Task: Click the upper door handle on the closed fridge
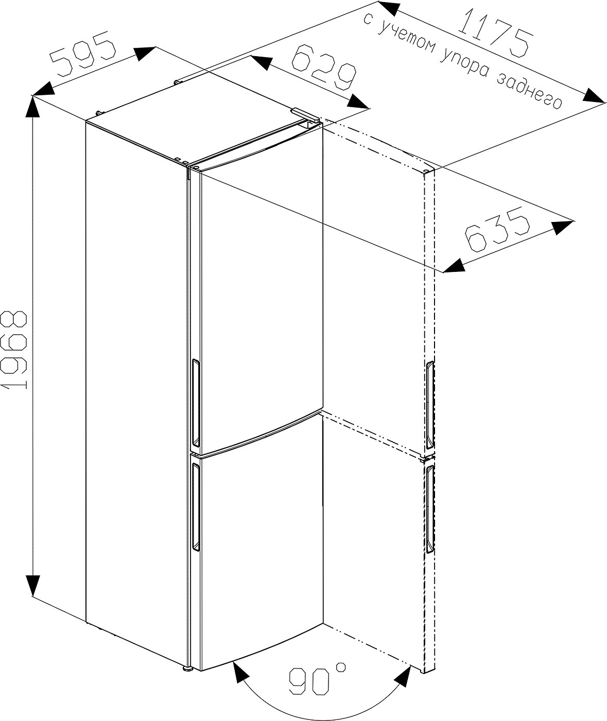196,402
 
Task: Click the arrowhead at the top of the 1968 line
32,108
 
